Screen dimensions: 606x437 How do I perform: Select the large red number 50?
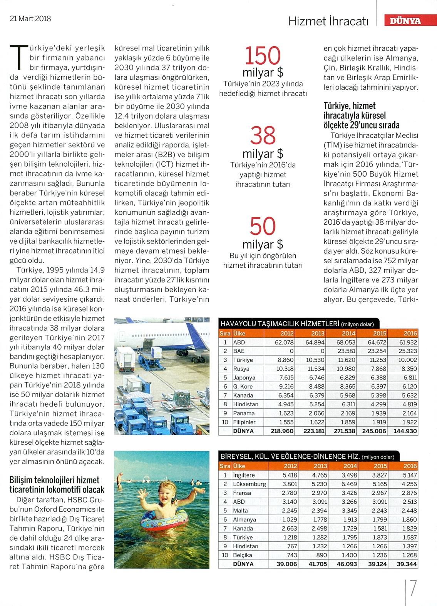click(263, 227)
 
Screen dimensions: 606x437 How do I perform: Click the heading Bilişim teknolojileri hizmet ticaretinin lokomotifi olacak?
click(57, 485)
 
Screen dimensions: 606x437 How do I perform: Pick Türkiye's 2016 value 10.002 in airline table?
click(407, 360)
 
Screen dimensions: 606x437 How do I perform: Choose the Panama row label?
click(243, 413)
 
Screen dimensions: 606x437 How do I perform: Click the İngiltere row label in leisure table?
click(244, 475)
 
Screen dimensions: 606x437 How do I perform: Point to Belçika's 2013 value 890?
click(321, 555)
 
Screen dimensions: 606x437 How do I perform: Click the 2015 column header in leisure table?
click(379, 466)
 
